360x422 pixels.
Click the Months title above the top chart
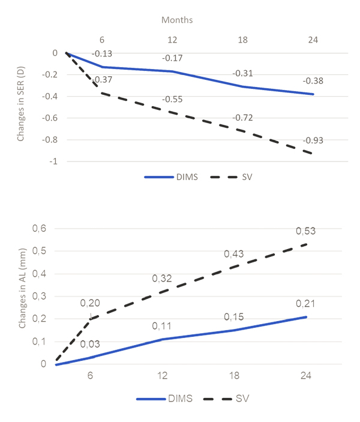click(176, 20)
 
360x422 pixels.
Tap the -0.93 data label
click(313, 140)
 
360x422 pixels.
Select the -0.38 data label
click(313, 81)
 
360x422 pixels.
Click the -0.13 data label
click(102, 53)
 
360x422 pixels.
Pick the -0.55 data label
click(173, 99)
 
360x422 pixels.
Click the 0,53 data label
click(306, 231)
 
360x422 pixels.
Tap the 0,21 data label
click(306, 304)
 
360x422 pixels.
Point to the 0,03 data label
click(91, 344)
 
